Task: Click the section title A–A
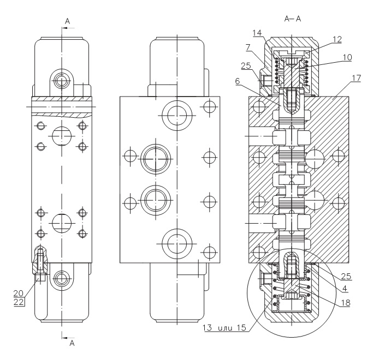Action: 293,19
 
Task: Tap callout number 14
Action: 257,33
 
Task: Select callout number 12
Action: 337,39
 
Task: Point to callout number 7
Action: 248,47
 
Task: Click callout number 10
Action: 347,57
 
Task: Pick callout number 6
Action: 238,81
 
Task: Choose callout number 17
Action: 357,78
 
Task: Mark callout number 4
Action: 345,289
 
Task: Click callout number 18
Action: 346,303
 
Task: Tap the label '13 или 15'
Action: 224,327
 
